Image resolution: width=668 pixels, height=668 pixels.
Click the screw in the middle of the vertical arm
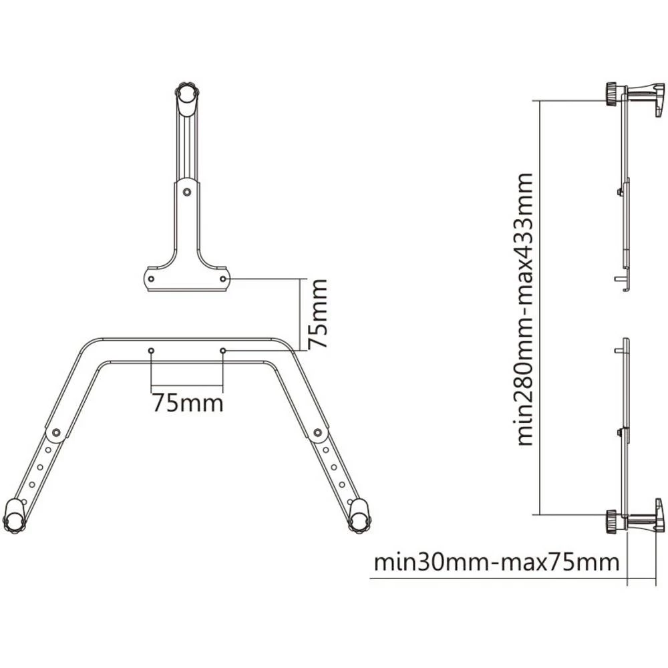pos(188,192)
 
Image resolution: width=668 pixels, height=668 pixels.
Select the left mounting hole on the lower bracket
pos(152,350)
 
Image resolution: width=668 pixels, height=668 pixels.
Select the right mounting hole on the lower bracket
pos(223,350)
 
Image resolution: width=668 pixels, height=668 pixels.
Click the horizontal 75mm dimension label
pos(187,403)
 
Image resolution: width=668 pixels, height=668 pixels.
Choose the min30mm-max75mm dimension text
pos(496,562)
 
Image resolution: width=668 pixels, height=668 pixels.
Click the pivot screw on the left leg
pos(56,432)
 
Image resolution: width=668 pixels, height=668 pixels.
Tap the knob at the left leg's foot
pos(13,515)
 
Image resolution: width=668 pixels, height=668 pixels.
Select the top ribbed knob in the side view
pos(611,94)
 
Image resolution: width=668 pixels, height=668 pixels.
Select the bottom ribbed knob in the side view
pos(611,521)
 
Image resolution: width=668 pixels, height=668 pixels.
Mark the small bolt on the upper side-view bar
pos(621,191)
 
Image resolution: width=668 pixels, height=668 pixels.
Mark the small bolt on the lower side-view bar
pos(621,432)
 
